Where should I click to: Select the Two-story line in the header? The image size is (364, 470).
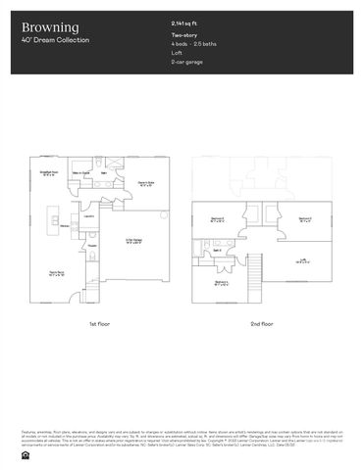(x=183, y=35)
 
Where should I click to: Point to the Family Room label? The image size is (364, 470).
(x=57, y=273)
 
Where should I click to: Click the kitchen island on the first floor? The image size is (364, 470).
(x=56, y=221)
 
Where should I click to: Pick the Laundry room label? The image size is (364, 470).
(x=88, y=215)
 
